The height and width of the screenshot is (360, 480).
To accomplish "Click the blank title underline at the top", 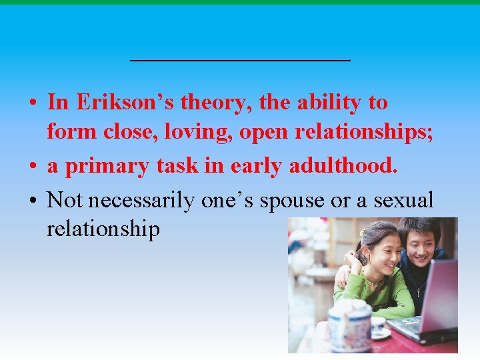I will pyautogui.click(x=240, y=60).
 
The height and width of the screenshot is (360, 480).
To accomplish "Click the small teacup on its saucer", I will pyautogui.click(x=378, y=327).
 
